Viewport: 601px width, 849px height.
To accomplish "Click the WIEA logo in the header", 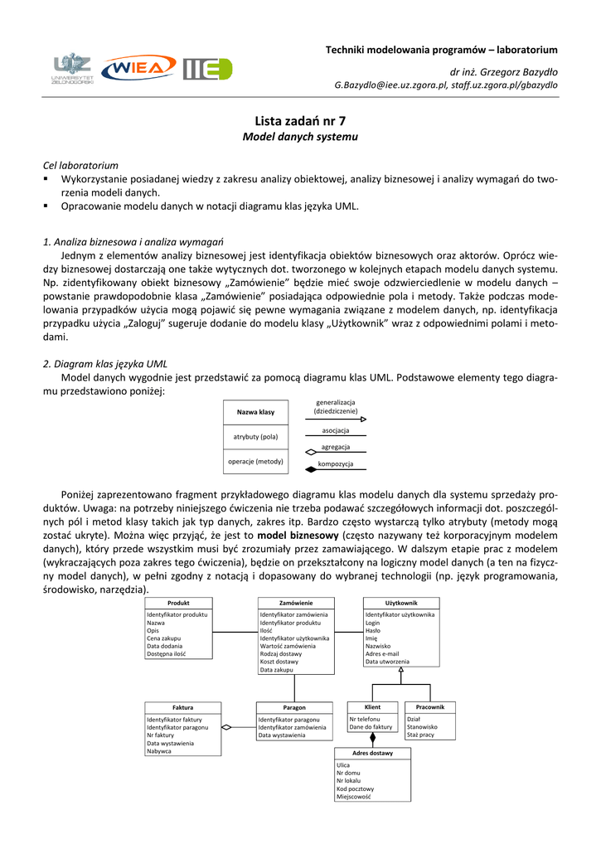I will click(x=138, y=69).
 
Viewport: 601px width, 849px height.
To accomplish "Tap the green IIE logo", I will click(x=207, y=69).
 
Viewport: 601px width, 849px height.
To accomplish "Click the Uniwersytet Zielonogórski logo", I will click(x=72, y=68).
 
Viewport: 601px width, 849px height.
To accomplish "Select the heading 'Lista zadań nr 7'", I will click(x=300, y=120).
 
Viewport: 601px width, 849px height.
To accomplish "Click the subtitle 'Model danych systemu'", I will click(x=300, y=136).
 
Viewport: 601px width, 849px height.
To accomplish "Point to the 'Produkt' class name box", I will click(x=178, y=603).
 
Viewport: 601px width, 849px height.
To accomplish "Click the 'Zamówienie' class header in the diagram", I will click(x=296, y=603).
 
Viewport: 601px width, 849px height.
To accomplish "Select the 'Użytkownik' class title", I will click(x=401, y=603).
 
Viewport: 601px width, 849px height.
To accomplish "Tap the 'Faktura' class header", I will click(x=182, y=707).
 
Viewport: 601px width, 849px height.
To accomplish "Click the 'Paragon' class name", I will click(x=294, y=707).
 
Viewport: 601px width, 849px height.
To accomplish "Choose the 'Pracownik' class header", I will click(x=430, y=706).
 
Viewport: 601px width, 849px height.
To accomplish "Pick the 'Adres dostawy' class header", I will click(x=372, y=753).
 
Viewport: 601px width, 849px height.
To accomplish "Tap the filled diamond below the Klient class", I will click(x=372, y=736).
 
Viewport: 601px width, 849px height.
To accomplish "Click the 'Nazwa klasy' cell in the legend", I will click(x=255, y=412).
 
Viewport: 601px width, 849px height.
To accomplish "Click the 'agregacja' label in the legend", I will click(x=336, y=447).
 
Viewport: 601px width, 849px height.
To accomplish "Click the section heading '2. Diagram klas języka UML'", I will click(x=109, y=363).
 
